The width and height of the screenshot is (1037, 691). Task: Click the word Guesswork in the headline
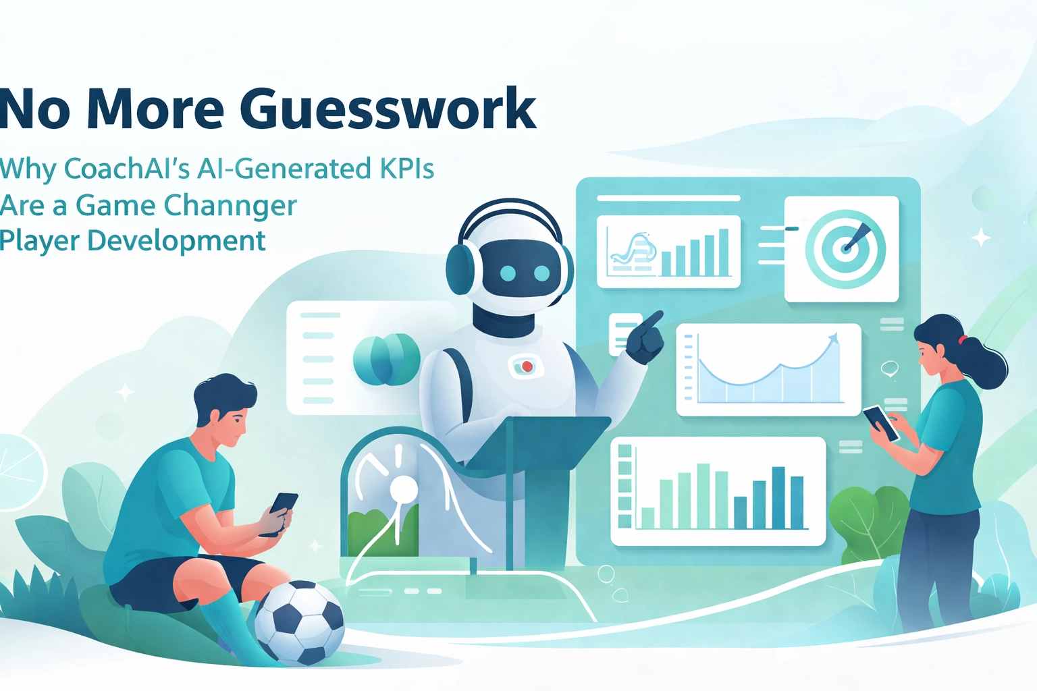coord(388,109)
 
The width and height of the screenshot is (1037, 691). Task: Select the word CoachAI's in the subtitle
coord(126,169)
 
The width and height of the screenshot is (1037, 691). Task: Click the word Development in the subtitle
coord(176,241)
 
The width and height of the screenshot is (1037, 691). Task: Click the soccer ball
coord(299,623)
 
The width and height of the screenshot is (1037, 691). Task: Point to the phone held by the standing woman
coord(881,422)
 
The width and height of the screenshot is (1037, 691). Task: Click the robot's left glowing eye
coord(508,273)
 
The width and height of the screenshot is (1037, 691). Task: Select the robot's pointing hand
coord(645,337)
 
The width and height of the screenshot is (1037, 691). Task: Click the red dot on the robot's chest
coord(527,366)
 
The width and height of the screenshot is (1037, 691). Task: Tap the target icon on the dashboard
coord(845,249)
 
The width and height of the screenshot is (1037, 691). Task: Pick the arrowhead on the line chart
coord(834,337)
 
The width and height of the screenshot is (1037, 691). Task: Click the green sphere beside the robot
coord(386,359)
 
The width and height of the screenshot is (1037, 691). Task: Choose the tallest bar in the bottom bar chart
coord(703,495)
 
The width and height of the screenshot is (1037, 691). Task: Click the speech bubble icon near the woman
coord(890,368)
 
